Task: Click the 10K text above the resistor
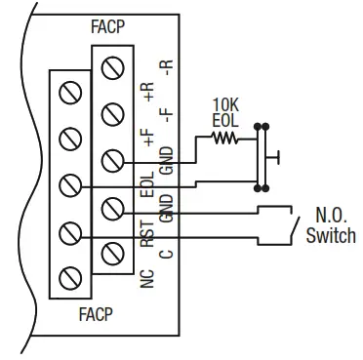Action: [225, 103]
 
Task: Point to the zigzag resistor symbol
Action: [225, 138]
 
